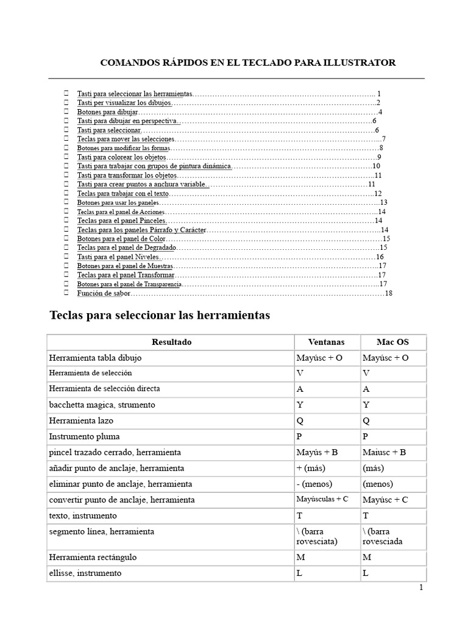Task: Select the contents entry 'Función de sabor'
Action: pyautogui.click(x=104, y=293)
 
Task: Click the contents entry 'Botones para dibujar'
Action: pyautogui.click(x=107, y=112)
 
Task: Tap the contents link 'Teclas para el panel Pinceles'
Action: pyautogui.click(x=121, y=220)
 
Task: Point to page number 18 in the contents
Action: pyautogui.click(x=388, y=293)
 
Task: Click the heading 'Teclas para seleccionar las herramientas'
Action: pyautogui.click(x=159, y=316)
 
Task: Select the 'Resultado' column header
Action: pyautogui.click(x=171, y=342)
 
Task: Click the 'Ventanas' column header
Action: pyautogui.click(x=326, y=342)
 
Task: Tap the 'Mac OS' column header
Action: pyautogui.click(x=393, y=342)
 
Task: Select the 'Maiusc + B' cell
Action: pyautogui.click(x=384, y=452)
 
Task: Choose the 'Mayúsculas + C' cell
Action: pyautogui.click(x=322, y=499)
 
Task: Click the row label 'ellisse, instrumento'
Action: pyautogui.click(x=85, y=573)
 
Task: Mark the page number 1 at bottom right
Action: pyautogui.click(x=420, y=588)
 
